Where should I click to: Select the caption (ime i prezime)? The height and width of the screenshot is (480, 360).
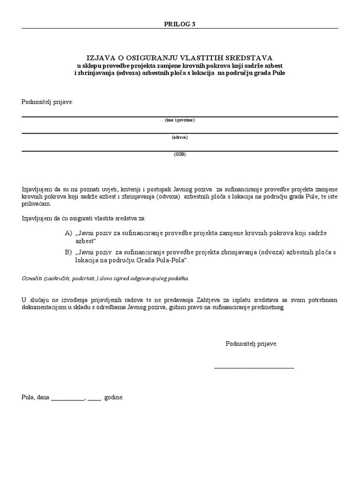pyautogui.click(x=180, y=120)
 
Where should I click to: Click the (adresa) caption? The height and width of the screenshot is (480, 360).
pyautogui.click(x=180, y=137)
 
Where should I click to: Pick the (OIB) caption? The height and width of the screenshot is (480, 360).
pyautogui.click(x=180, y=154)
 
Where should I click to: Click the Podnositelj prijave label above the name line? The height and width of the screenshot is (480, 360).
pyautogui.click(x=47, y=102)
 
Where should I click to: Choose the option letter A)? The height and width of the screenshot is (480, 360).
pyautogui.click(x=69, y=233)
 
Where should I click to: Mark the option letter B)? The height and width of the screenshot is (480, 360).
pyautogui.click(x=69, y=253)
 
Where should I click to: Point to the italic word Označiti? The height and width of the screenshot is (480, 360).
pyautogui.click(x=31, y=278)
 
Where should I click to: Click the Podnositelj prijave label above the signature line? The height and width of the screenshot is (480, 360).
pyautogui.click(x=251, y=344)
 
